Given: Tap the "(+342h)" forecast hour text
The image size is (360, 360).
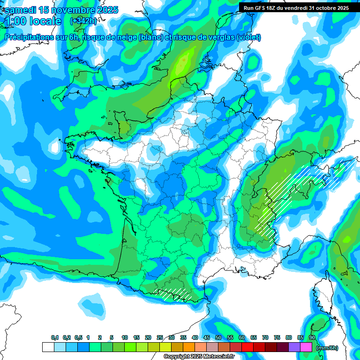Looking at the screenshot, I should coord(83,21).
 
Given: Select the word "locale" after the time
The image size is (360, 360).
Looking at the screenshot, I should coord(45,21).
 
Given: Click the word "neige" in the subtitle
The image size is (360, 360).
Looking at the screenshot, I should coord(122,37).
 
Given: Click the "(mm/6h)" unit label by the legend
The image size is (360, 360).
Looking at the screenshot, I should coord(327,348).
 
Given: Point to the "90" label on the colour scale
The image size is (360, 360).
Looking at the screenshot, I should coord(312,337).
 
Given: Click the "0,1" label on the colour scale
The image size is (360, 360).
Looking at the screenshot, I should coord(55,337).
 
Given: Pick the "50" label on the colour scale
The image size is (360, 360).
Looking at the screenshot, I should coord(218,337).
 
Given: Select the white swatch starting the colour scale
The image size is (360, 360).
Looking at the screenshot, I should coord(48,347).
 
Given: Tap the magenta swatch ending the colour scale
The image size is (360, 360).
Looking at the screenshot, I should coord(306,347).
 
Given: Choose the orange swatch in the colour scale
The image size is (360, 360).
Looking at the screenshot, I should coord(189,347).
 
